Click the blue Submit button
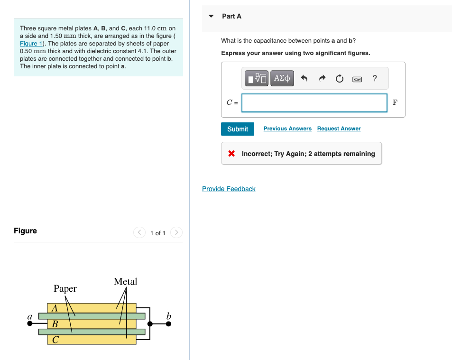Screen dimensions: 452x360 click(x=238, y=129)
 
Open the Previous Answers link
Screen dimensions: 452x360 click(x=287, y=129)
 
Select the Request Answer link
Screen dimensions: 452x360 click(x=339, y=129)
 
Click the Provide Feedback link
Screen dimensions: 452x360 click(x=229, y=189)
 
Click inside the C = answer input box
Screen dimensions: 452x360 click(x=314, y=103)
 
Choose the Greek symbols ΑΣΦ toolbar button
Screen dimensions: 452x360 click(x=282, y=78)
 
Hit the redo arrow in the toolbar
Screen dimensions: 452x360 click(x=322, y=78)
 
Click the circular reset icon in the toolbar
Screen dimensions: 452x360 click(x=340, y=78)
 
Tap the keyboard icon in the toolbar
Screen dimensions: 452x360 click(x=357, y=79)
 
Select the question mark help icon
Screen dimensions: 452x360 click(x=375, y=78)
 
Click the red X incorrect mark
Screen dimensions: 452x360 click(x=231, y=153)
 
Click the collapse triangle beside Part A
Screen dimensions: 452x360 click(x=211, y=16)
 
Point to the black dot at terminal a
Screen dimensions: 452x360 click(x=30, y=323)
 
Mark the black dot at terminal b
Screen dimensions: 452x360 click(x=169, y=323)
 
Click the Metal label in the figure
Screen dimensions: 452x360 click(x=125, y=281)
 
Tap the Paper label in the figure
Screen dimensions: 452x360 click(x=65, y=288)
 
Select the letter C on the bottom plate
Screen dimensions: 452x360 click(x=55, y=340)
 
